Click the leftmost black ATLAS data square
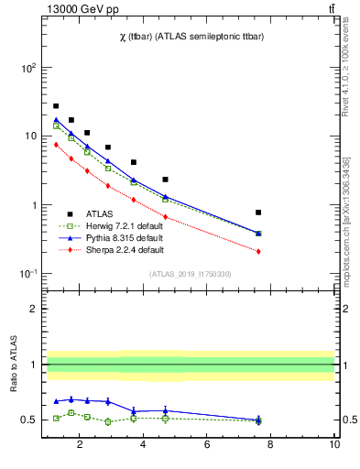[x=56, y=106]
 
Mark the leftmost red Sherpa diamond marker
[x=56, y=144]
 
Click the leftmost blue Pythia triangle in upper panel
[x=56, y=119]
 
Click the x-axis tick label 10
[x=334, y=445]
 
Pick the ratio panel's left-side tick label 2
[x=32, y=309]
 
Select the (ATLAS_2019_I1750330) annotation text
[x=190, y=274]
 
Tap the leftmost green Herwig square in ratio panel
[x=56, y=418]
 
